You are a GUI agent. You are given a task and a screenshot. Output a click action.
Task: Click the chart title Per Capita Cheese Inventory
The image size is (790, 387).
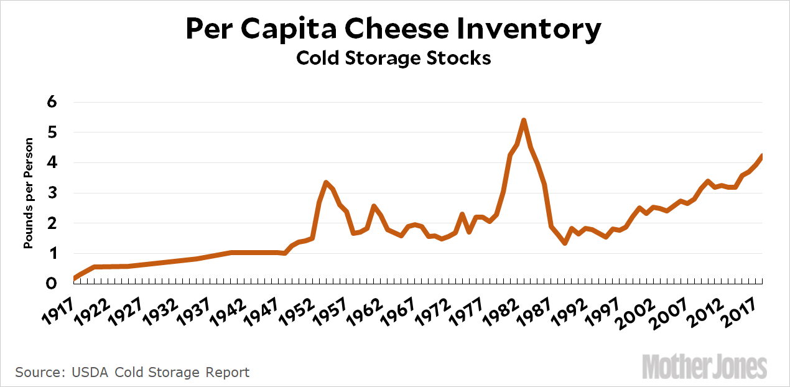click(x=394, y=29)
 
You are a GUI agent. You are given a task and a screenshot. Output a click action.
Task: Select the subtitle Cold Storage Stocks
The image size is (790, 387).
click(x=394, y=58)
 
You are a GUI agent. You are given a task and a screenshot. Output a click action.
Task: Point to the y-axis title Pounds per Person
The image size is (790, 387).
click(x=28, y=193)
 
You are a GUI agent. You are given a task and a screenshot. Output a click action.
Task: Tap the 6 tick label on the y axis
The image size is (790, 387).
click(x=52, y=102)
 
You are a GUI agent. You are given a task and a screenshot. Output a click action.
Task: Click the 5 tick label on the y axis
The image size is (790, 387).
click(x=52, y=133)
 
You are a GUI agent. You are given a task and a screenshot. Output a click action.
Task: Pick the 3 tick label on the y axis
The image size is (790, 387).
click(x=52, y=193)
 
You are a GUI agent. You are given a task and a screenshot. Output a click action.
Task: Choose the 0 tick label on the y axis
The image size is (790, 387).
click(x=52, y=284)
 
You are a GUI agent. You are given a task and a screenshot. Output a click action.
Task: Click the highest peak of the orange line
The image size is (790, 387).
click(x=524, y=120)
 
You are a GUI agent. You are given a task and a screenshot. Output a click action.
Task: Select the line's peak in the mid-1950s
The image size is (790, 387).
click(x=326, y=182)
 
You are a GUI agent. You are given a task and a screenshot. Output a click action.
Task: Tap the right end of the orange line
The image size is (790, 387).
click(x=762, y=156)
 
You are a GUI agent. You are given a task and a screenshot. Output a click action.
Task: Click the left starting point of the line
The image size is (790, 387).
click(x=74, y=278)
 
